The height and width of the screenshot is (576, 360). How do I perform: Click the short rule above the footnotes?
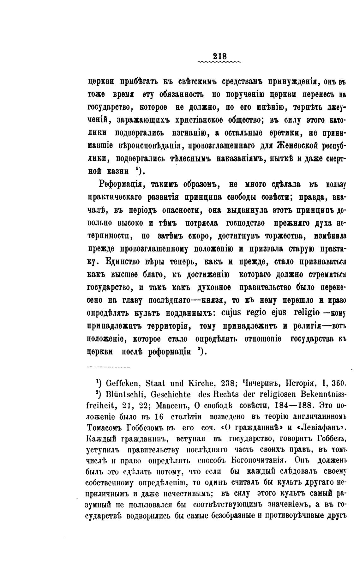pos(109,367)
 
